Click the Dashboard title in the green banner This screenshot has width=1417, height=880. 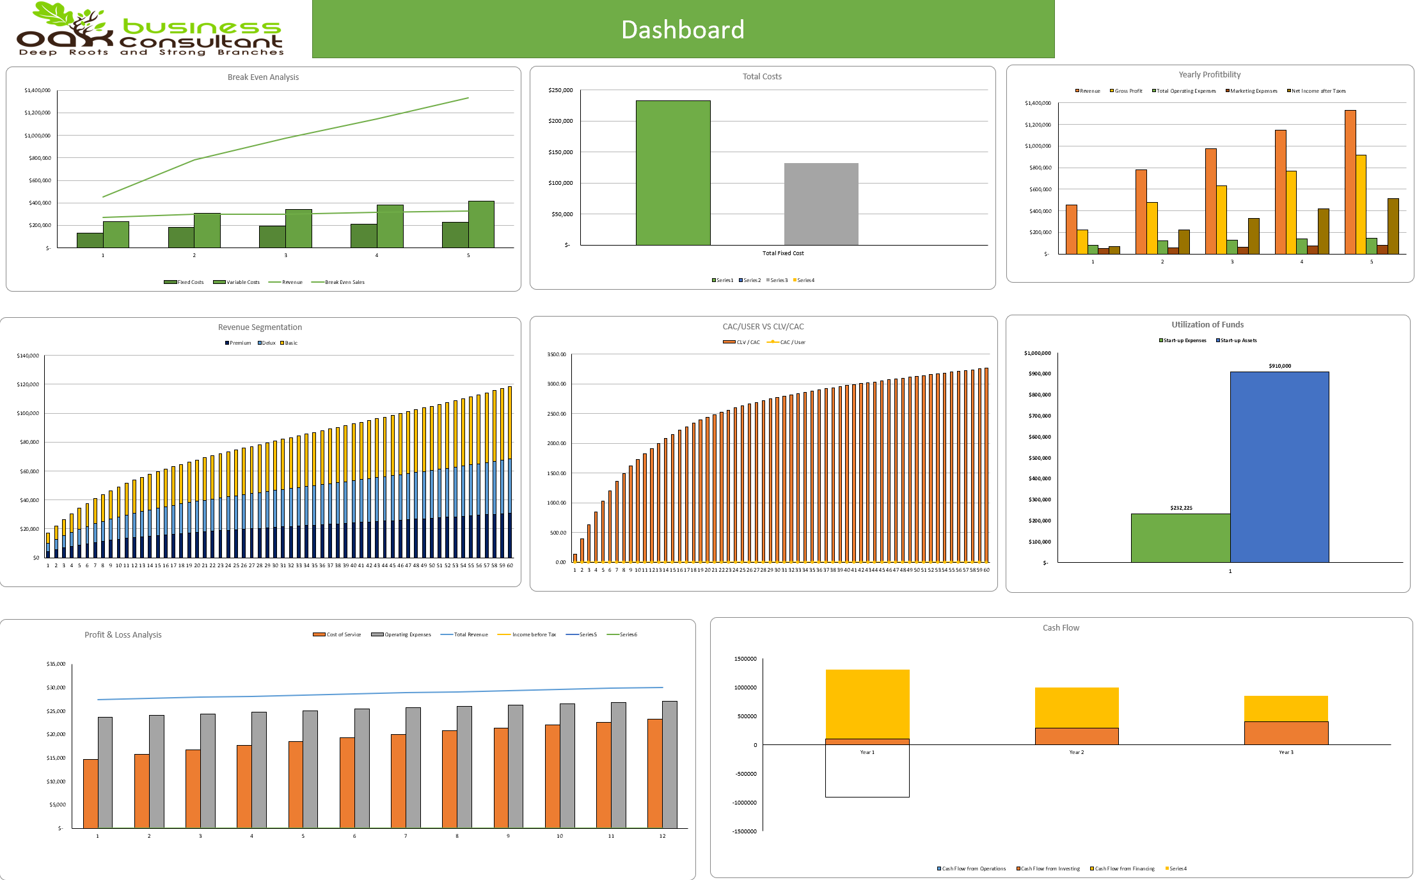point(683,29)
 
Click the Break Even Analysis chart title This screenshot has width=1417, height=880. point(263,77)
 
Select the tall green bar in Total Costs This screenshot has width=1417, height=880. point(672,173)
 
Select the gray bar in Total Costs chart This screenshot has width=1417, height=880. point(821,204)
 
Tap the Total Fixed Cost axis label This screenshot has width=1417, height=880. point(782,253)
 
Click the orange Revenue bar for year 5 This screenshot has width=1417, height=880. point(1350,182)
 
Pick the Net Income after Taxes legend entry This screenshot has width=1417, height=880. point(1318,91)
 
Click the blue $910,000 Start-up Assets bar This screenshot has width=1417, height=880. point(1279,467)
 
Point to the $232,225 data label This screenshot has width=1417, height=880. point(1181,508)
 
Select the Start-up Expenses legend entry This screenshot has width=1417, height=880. point(1184,340)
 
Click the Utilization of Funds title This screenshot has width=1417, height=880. point(1207,324)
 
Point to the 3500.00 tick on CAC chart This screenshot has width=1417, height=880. point(556,354)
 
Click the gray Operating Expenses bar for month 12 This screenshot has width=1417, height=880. point(669,764)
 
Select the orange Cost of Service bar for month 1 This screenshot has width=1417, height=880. point(90,793)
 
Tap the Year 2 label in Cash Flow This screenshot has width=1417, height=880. point(1076,752)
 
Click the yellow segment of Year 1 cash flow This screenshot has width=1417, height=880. point(867,703)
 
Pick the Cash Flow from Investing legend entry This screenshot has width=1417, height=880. point(1050,868)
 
